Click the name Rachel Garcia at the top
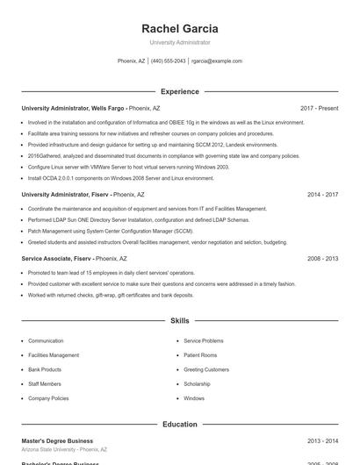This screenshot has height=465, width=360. [x=179, y=29]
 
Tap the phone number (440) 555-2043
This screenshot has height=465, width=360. [x=168, y=61]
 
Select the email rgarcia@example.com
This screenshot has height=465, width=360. [x=217, y=61]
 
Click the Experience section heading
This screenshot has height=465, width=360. [x=179, y=91]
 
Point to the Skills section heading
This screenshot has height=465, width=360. [x=179, y=321]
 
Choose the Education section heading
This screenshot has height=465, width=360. [x=179, y=425]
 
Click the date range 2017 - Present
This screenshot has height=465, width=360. [x=319, y=108]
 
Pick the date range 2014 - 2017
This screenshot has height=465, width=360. [x=322, y=194]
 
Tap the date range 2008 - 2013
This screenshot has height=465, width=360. [x=322, y=259]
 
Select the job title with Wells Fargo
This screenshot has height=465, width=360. [x=74, y=108]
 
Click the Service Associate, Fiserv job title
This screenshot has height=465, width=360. [x=57, y=259]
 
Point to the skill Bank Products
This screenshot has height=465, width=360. [x=45, y=369]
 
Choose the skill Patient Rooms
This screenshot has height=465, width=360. [x=200, y=355]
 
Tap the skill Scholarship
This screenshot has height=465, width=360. [x=197, y=383]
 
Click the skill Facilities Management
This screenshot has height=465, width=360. [x=54, y=355]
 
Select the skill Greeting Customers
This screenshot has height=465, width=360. [x=206, y=369]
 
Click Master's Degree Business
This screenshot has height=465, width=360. [x=57, y=441]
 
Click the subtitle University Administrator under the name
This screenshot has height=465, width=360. [x=179, y=42]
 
